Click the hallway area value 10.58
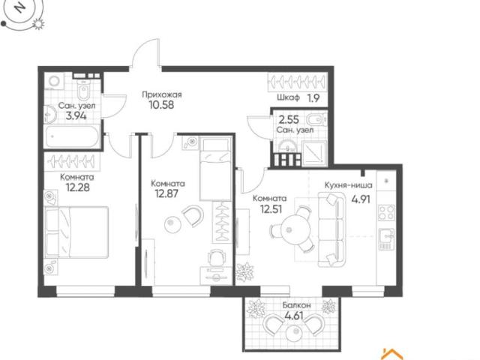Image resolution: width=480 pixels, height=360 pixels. pos(161,105)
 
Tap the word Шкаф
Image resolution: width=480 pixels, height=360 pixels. pos(288,98)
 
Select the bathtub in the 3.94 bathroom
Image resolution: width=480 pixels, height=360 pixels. pos(72,136)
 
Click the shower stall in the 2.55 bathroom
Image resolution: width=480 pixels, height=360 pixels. pos(314,153)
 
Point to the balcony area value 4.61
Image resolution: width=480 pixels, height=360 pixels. pos(294,315)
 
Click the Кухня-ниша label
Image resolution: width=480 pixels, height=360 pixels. pos(348,185)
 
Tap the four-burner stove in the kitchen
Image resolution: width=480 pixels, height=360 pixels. pos(386,212)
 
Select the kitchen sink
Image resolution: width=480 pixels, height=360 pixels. pos(386,239)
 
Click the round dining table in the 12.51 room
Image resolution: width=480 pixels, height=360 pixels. pos(296,229)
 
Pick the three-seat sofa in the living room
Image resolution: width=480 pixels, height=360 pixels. pos(331,229)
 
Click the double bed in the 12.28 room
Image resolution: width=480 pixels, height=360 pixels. pos(76,232)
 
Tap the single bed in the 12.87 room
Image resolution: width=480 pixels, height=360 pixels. pos(215,169)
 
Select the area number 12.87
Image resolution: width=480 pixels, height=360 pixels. pos(166,193)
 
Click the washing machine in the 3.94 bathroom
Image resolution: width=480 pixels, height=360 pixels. pos(55,81)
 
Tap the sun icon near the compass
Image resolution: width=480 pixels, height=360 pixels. pos(38,24)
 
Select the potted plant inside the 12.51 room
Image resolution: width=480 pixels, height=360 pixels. pos(244,271)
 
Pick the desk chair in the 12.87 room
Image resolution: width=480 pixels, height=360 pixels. pos(217,257)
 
